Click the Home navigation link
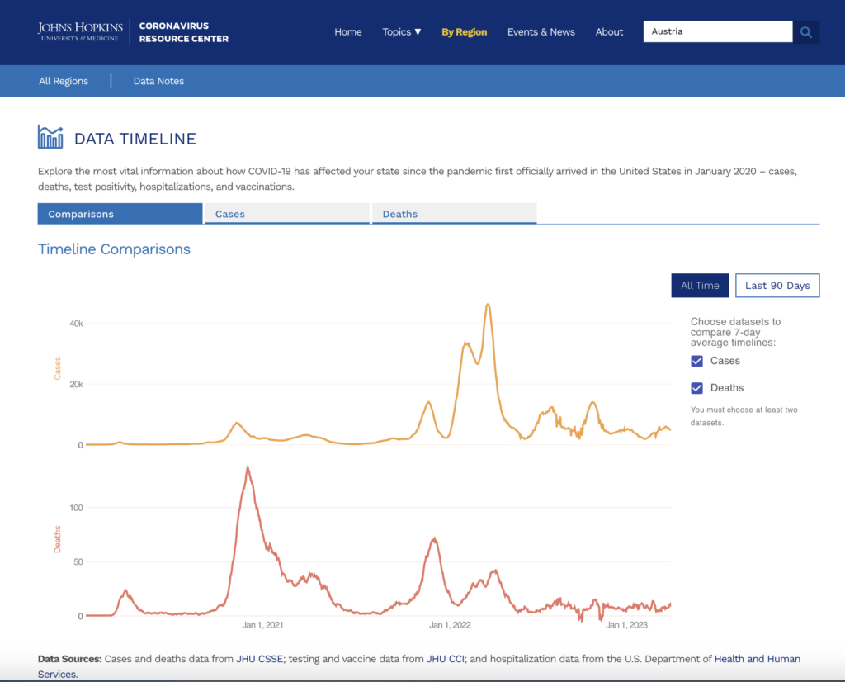point(348,32)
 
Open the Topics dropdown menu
point(402,32)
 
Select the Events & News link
point(541,32)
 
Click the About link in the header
point(609,32)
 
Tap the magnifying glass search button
point(806,32)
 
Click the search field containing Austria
point(717,32)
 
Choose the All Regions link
point(64,81)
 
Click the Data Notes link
point(158,81)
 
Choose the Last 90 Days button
point(777,286)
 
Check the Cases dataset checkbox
point(697,361)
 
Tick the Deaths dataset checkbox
point(697,388)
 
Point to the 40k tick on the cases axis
point(75,324)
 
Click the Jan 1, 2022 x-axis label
point(450,625)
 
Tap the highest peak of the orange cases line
point(489,305)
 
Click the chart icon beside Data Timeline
point(50,137)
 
